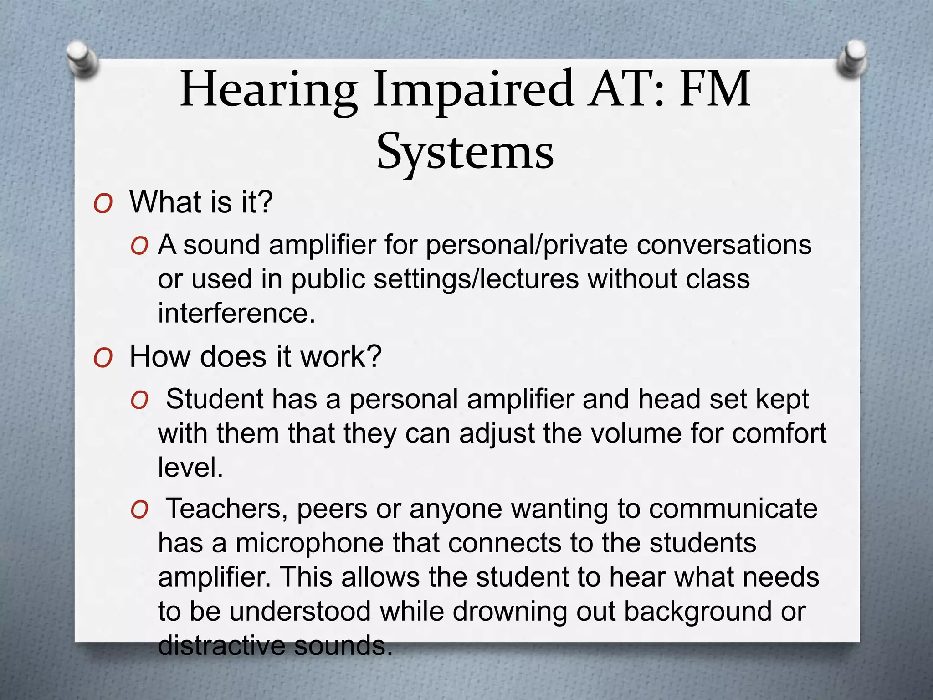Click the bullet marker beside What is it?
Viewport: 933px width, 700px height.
click(x=103, y=204)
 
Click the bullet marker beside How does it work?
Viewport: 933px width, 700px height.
click(x=103, y=358)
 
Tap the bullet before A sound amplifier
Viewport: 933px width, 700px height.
click(x=139, y=247)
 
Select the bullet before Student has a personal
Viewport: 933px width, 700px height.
click(x=139, y=401)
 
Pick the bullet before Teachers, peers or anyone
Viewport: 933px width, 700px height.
click(x=139, y=510)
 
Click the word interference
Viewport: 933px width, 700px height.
click(x=236, y=313)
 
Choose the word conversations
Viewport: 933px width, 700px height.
click(x=724, y=245)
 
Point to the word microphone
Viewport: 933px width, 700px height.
click(x=310, y=543)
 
